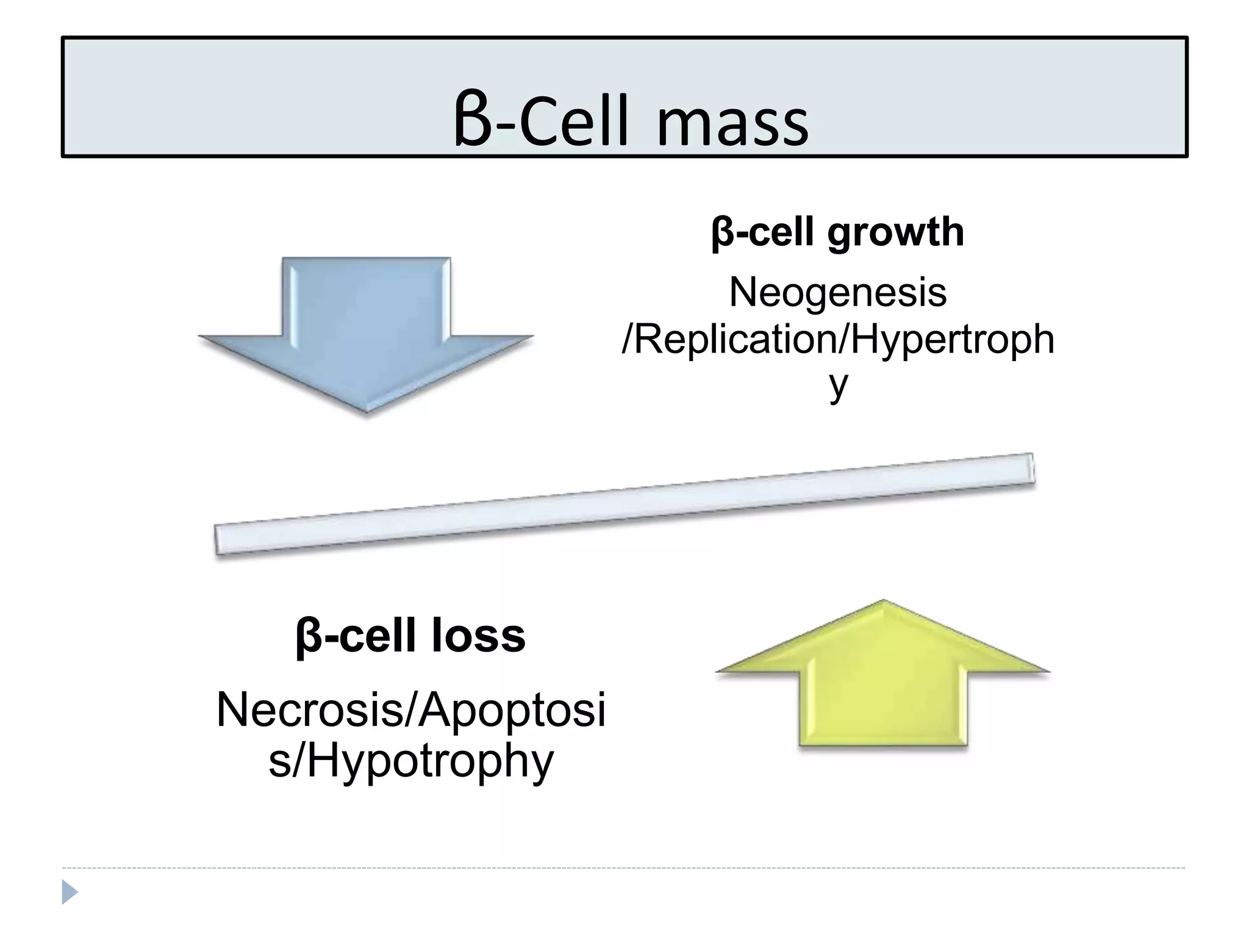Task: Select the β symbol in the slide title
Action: pos(473,122)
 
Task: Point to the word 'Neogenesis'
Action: pos(837,292)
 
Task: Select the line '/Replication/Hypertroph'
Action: pos(837,339)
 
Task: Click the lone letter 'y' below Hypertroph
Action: pos(839,384)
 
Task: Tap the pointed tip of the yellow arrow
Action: pos(883,603)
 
